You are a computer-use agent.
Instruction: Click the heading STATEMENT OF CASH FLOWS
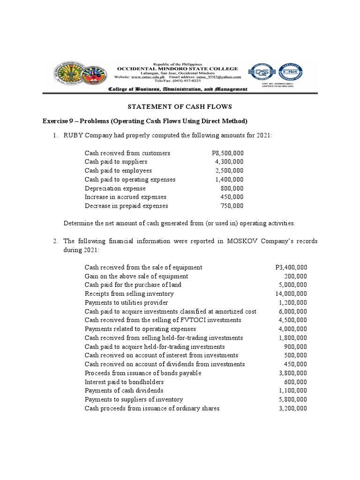coord(180,107)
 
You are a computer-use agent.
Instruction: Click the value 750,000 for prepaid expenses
coord(232,206)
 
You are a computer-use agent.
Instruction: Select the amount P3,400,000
coord(291,267)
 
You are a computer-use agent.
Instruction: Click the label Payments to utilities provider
coord(126,302)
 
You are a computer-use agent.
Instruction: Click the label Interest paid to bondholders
coord(124,382)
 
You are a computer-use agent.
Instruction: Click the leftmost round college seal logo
coord(66,75)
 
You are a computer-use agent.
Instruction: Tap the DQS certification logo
coord(262,74)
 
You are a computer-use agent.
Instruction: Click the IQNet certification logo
coord(292,74)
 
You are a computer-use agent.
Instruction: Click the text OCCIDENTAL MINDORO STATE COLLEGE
coord(177,68)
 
